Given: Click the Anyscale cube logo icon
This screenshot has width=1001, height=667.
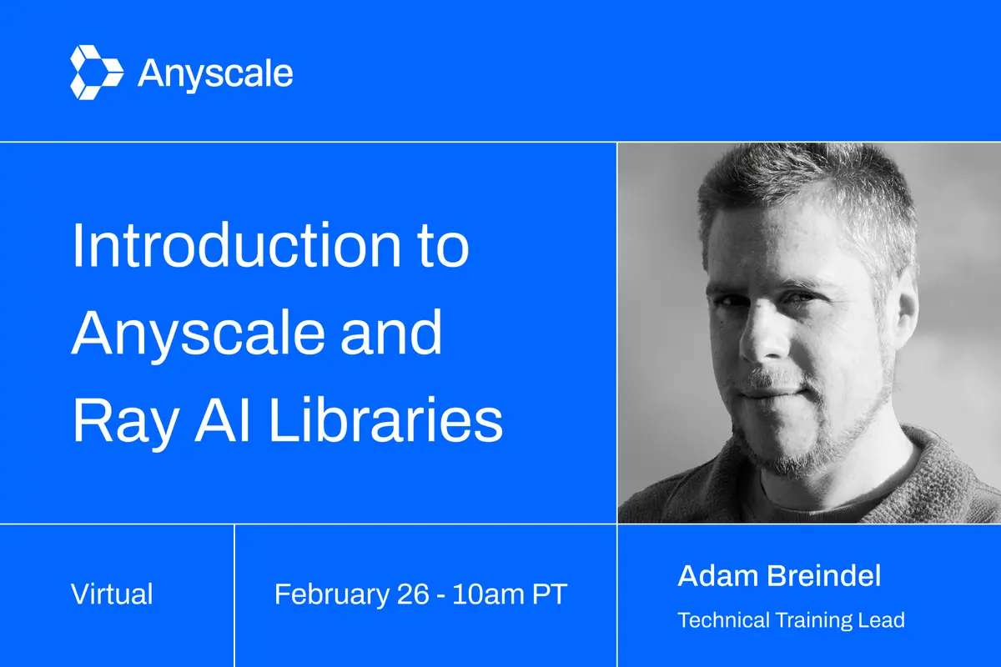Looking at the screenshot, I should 97,73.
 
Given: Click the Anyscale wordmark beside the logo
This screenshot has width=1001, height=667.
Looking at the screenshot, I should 215,74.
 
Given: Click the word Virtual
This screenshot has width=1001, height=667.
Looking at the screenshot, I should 112,594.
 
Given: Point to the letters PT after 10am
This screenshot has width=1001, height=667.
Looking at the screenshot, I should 551,595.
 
